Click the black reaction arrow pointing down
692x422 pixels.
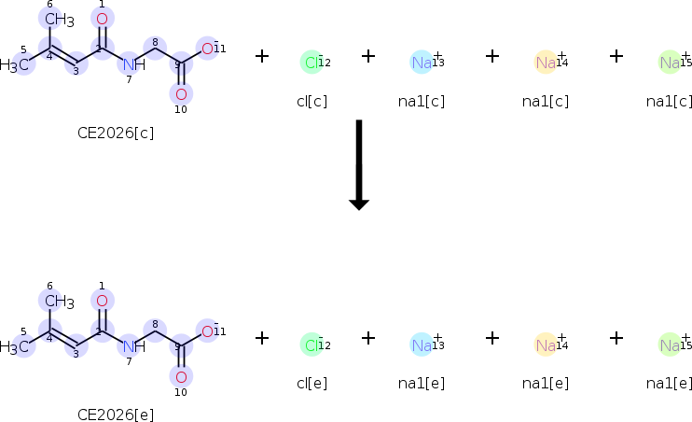359,164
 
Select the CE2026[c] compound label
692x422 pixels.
116,133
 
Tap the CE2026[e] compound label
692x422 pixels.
116,415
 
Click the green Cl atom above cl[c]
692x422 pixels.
311,63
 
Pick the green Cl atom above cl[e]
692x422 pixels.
311,345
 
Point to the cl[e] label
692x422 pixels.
312,383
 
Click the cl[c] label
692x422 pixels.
312,101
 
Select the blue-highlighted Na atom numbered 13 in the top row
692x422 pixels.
422,63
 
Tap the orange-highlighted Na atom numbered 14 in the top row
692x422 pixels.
546,63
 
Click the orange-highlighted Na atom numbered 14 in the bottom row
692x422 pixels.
546,345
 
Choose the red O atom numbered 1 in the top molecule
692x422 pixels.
102,19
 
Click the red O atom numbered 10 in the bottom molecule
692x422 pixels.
181,377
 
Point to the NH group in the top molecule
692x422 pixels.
133,64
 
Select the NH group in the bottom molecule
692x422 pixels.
133,346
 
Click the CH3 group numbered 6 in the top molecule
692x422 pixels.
59,20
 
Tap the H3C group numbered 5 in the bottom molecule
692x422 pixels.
15,347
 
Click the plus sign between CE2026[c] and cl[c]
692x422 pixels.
262,56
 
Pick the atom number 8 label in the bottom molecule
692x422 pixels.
155,324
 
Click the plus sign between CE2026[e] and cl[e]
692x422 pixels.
262,338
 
